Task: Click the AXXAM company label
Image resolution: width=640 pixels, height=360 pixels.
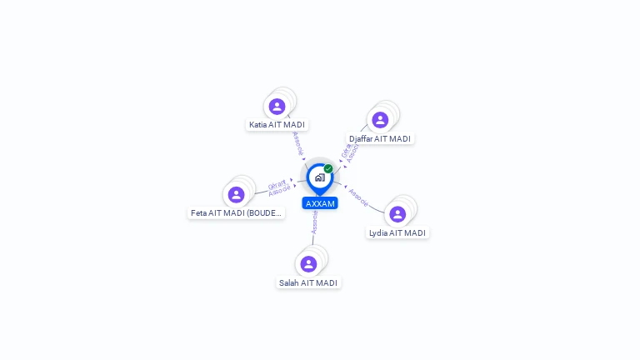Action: tap(320, 203)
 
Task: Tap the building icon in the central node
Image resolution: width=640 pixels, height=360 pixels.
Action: tap(319, 177)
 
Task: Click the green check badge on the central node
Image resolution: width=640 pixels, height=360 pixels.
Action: tap(328, 169)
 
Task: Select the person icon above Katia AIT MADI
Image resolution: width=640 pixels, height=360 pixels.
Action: tap(277, 107)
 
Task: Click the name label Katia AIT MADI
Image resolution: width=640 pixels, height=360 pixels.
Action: tap(277, 125)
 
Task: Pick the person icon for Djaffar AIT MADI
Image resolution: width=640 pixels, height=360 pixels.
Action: tap(380, 120)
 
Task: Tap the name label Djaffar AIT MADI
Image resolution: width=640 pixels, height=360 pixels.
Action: tap(380, 139)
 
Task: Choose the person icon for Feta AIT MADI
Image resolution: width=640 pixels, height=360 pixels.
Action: tap(237, 195)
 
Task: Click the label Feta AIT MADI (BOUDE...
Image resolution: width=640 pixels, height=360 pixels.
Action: tap(237, 213)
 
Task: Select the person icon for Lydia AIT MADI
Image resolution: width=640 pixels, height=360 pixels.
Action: tap(397, 214)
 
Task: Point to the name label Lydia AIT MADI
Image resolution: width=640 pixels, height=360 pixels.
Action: tap(397, 233)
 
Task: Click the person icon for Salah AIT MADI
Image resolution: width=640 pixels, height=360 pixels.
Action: tap(308, 264)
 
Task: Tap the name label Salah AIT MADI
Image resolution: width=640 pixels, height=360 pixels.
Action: tap(308, 283)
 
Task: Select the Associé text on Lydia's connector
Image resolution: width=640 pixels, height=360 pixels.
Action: tap(358, 197)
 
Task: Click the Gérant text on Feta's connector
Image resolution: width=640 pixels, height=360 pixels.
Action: tap(277, 184)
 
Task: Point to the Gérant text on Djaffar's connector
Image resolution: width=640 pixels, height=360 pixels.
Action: tap(346, 151)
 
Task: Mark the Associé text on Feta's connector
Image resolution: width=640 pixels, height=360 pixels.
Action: tap(279, 191)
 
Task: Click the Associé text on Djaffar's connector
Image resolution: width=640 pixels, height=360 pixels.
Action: tap(352, 154)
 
